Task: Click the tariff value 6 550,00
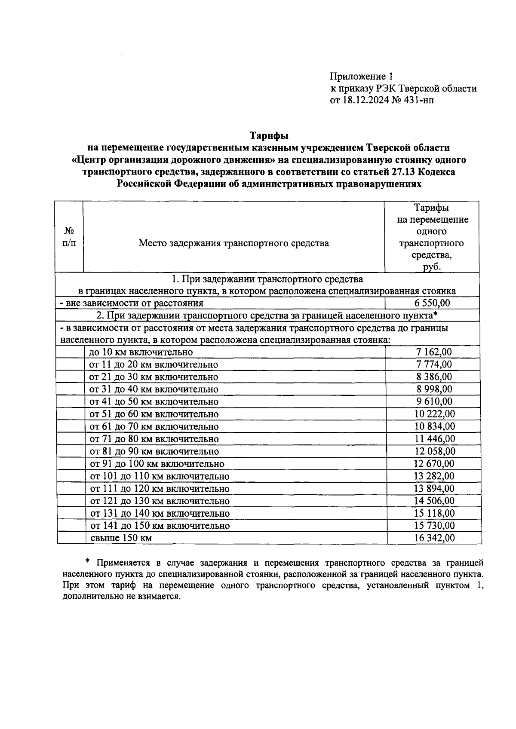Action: pyautogui.click(x=432, y=303)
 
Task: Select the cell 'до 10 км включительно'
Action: pyautogui.click(x=141, y=352)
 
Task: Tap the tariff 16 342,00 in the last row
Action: pyautogui.click(x=434, y=538)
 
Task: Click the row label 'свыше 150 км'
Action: pyautogui.click(x=121, y=538)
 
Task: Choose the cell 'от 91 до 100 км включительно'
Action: pyautogui.click(x=157, y=464)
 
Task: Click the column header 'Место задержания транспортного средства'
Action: pyautogui.click(x=233, y=243)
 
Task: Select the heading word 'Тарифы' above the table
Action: pyautogui.click(x=269, y=136)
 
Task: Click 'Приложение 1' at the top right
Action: pyautogui.click(x=361, y=77)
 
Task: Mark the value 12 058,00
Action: pyautogui.click(x=434, y=451)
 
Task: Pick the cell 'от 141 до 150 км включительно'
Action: pyautogui.click(x=159, y=526)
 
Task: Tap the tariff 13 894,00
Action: pyautogui.click(x=434, y=488)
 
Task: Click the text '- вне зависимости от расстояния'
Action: pyautogui.click(x=132, y=303)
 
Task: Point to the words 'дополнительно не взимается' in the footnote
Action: pyautogui.click(x=121, y=597)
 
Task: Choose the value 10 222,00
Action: pyautogui.click(x=434, y=414)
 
